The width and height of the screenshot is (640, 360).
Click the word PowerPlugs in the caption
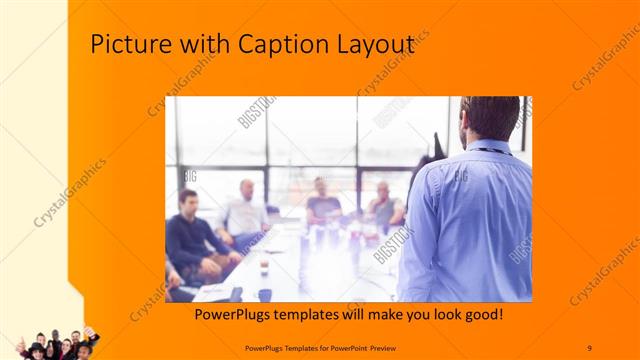[229, 315]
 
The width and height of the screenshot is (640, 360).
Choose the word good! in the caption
[481, 315]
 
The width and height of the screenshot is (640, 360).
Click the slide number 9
[589, 346]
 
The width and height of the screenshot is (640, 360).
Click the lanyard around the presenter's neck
[492, 151]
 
